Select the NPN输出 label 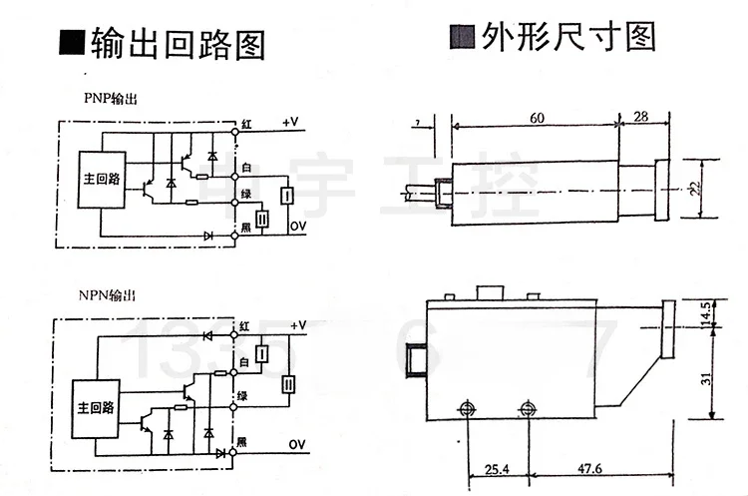click(x=108, y=295)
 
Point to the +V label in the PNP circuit click(x=291, y=122)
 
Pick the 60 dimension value click(x=536, y=118)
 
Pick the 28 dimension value click(x=640, y=118)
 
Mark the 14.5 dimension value click(x=704, y=311)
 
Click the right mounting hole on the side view click(x=528, y=409)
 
